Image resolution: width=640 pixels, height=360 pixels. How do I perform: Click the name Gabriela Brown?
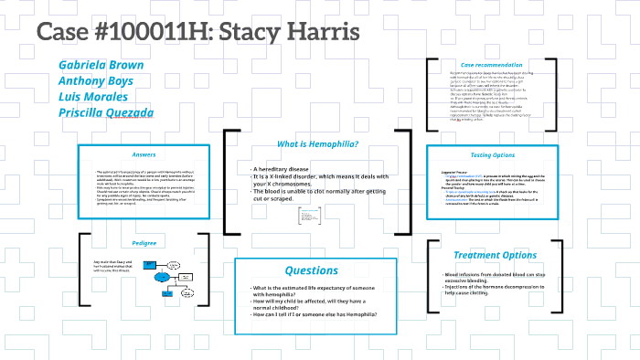100,65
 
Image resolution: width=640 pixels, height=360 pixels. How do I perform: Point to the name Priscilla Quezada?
106,113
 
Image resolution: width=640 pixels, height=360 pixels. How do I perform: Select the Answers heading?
144,154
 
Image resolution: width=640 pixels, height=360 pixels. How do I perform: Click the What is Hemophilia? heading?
317,143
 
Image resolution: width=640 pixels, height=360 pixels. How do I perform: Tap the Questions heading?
311,270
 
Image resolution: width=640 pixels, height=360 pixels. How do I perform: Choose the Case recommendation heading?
489,65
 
